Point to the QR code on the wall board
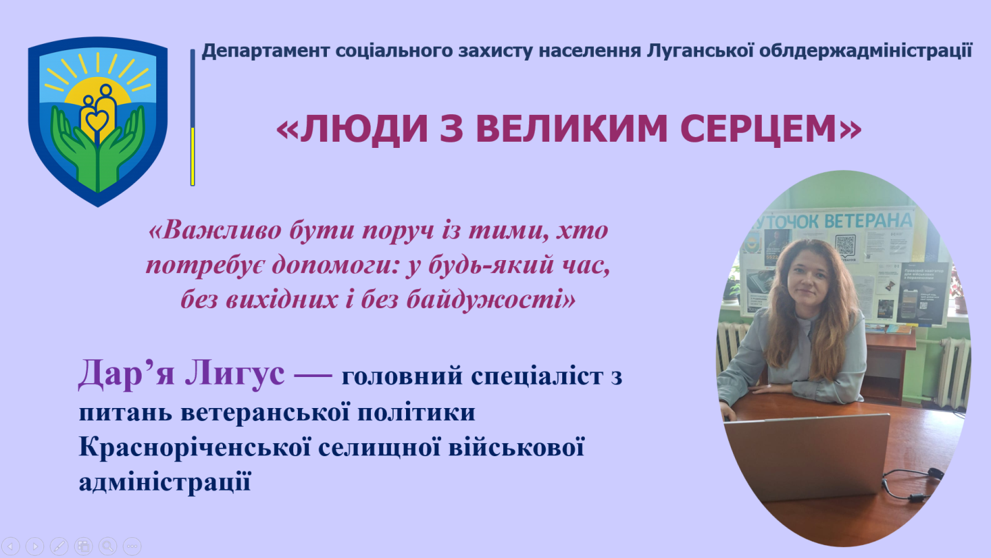tap(844, 244)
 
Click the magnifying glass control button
tap(107, 546)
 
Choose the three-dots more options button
tap(131, 546)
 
